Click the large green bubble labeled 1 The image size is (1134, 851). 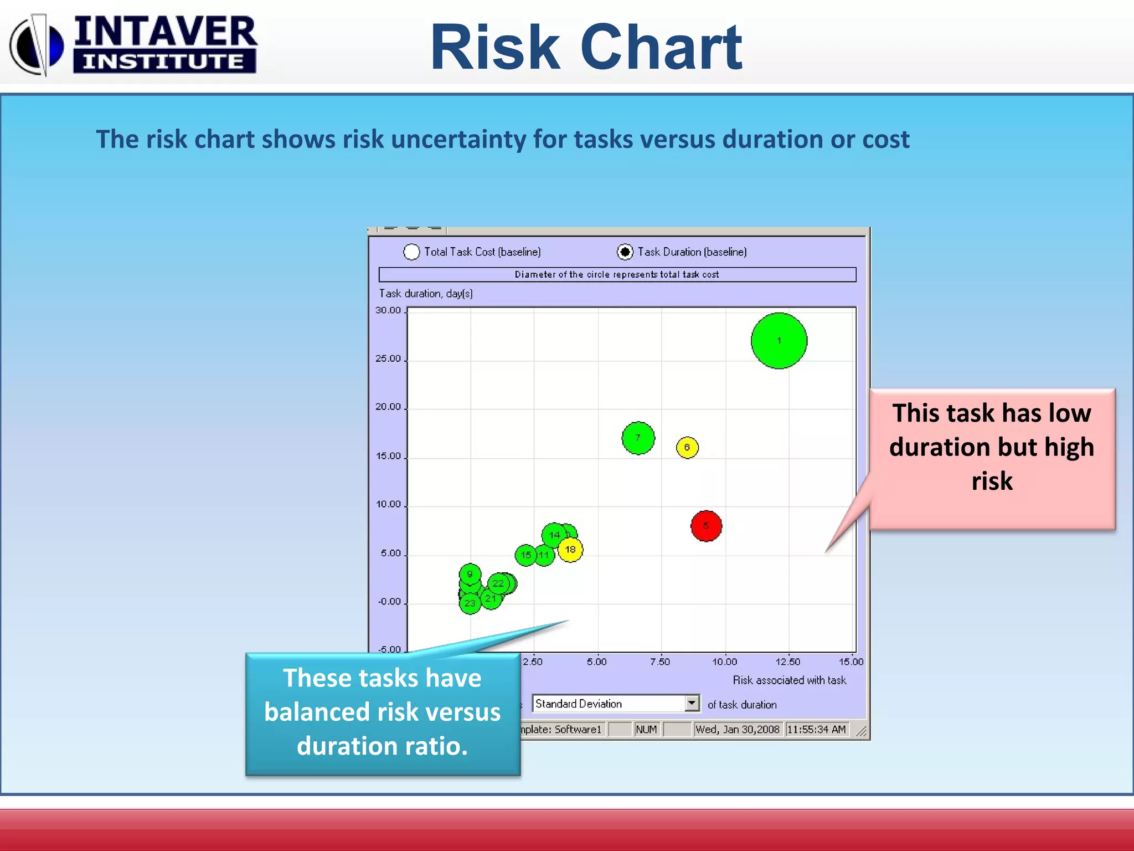point(779,341)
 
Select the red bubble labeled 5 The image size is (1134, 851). point(706,526)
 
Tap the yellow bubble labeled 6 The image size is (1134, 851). point(687,447)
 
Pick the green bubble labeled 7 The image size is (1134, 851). point(638,438)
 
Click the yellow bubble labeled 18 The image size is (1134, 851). point(571,550)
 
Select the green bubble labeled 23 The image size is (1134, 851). point(470,603)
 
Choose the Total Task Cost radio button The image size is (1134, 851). point(411,252)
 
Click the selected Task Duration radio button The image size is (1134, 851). point(625,252)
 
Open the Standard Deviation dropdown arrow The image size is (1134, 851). point(692,703)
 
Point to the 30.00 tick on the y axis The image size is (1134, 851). point(388,310)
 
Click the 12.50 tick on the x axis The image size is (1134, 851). point(787,662)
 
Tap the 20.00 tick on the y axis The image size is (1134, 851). point(388,407)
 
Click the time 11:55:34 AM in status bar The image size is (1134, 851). point(816,729)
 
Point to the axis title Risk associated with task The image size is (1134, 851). point(789,680)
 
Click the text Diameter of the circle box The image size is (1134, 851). point(617,274)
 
